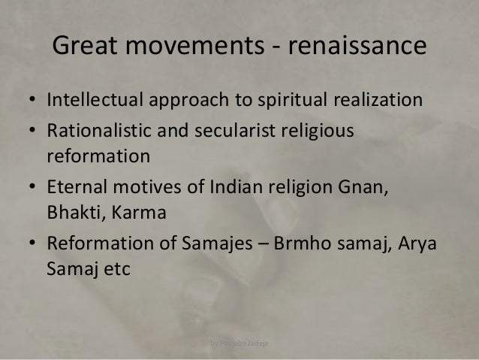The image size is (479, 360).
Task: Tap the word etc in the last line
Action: tap(116, 271)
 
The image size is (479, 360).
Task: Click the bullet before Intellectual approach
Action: tap(34, 101)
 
